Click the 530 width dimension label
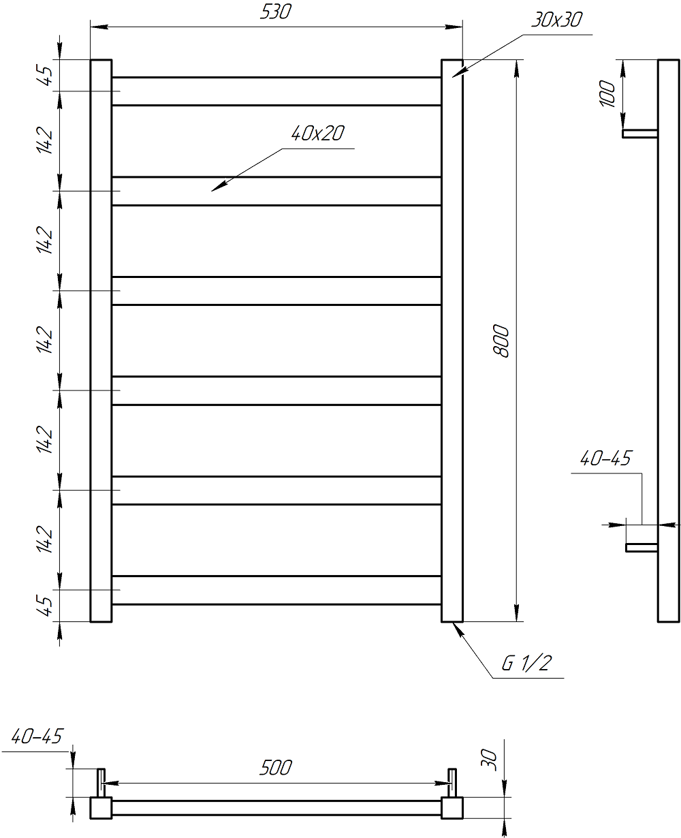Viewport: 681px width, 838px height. coord(276,12)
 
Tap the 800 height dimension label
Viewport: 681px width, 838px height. coord(501,341)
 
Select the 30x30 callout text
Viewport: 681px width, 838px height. coord(557,20)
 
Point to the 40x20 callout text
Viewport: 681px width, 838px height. coord(318,134)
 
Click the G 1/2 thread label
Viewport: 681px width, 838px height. coord(527,664)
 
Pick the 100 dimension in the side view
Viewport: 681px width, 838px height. coord(607,93)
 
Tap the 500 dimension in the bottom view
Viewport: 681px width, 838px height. coord(276,768)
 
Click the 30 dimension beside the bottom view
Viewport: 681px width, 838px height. coord(489,760)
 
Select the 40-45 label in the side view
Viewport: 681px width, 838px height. coord(605,459)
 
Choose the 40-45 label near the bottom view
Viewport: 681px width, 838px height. coord(37,736)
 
